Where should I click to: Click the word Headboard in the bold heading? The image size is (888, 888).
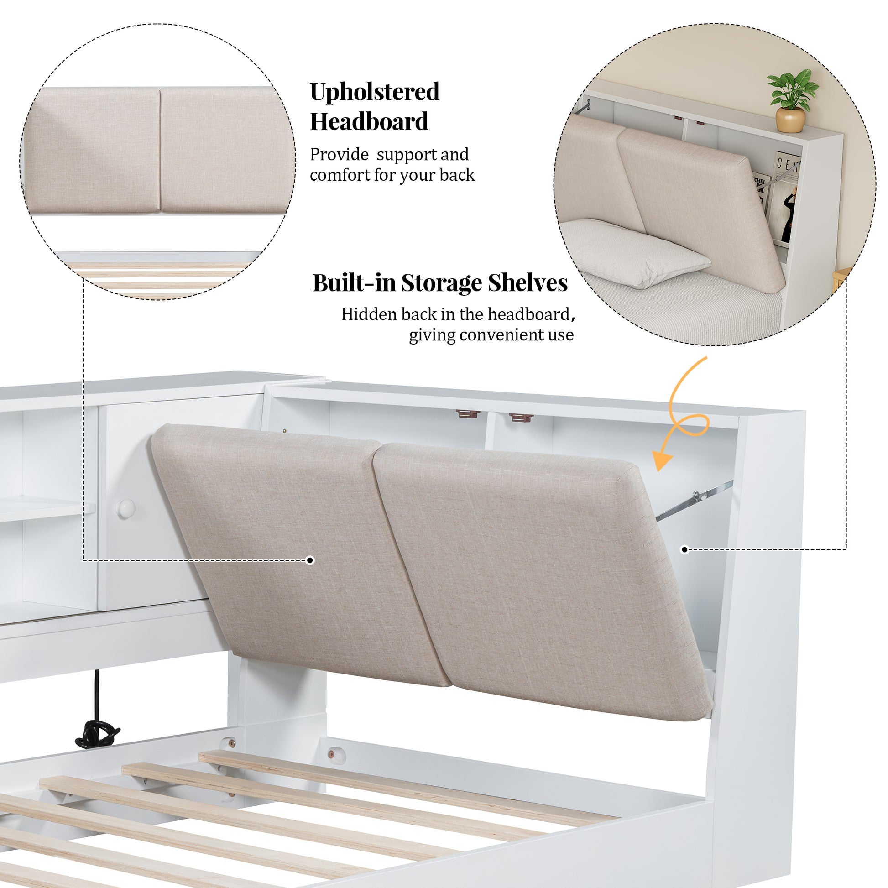click(x=369, y=121)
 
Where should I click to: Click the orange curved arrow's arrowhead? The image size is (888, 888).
click(x=661, y=460)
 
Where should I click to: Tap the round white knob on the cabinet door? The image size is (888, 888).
click(x=125, y=509)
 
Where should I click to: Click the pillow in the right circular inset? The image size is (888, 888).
click(x=634, y=252)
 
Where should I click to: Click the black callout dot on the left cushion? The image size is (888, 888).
click(x=310, y=560)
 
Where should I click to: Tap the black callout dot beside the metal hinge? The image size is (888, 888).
click(x=684, y=549)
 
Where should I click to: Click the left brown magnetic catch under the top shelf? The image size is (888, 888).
click(x=468, y=413)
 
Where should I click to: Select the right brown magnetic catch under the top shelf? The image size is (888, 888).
click(x=521, y=418)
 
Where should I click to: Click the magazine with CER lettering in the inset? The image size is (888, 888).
click(x=785, y=198)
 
